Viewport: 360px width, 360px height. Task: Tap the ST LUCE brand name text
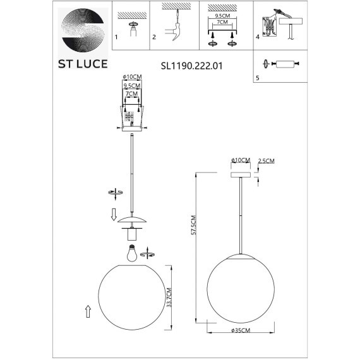[83, 64]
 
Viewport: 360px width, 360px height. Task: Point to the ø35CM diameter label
[240, 330]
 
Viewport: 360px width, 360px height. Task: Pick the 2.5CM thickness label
[267, 161]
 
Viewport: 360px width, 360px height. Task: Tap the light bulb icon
[131, 253]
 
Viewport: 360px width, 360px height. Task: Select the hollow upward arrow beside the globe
[87, 311]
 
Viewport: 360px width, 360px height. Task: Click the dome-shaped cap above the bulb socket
[132, 219]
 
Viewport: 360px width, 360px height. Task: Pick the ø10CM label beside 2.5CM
[241, 161]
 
